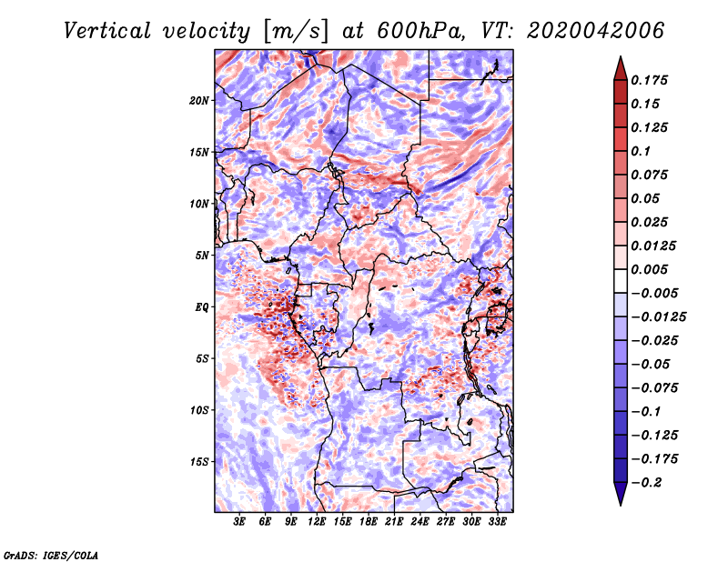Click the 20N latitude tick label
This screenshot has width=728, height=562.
pyautogui.click(x=200, y=100)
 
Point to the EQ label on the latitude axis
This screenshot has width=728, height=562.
pyautogui.click(x=202, y=306)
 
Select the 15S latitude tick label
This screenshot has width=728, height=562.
pyautogui.click(x=200, y=461)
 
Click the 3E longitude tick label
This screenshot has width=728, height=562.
pyautogui.click(x=240, y=522)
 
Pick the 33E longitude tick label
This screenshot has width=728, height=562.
pyautogui.click(x=497, y=522)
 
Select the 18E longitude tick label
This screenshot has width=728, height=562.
pyautogui.click(x=369, y=522)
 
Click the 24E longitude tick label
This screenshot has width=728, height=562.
pyautogui.click(x=420, y=522)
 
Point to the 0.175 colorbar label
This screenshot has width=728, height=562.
pyautogui.click(x=652, y=80)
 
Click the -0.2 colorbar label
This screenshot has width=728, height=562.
pyautogui.click(x=648, y=482)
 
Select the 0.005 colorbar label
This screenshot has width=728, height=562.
pyautogui.click(x=652, y=269)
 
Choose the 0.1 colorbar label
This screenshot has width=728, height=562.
pyautogui.click(x=642, y=151)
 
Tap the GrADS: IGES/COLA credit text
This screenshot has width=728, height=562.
pyautogui.click(x=50, y=554)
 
